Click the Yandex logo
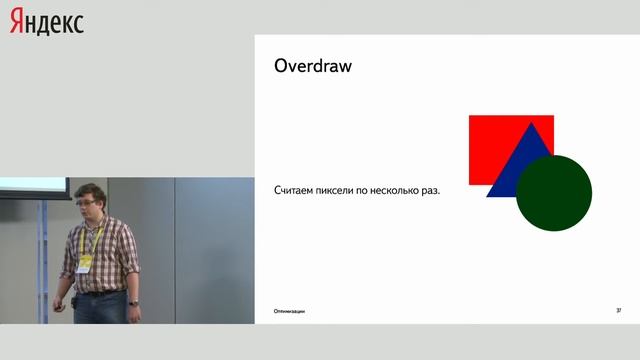[47, 22]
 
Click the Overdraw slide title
[313, 67]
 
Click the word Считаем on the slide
[298, 190]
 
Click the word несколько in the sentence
[404, 190]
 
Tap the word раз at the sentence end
[431, 190]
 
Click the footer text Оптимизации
[290, 311]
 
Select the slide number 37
[619, 311]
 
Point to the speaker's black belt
[100, 292]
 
